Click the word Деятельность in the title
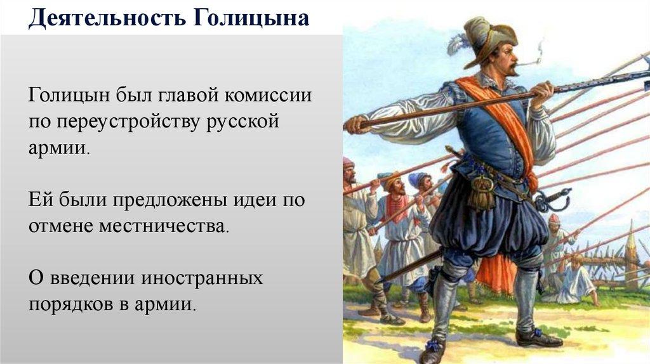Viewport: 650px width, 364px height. click(106, 18)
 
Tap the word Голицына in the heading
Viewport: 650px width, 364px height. click(251, 18)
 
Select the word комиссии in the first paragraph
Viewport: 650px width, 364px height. click(268, 95)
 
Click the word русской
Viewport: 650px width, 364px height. click(243, 123)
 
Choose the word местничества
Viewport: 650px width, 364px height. click(163, 226)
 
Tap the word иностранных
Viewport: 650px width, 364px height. click(202, 278)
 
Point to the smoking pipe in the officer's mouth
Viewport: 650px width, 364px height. click(529, 63)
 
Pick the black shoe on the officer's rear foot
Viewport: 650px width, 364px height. click(539, 337)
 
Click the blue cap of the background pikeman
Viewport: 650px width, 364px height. click(416, 179)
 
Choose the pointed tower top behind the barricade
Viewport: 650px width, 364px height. click(632, 237)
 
